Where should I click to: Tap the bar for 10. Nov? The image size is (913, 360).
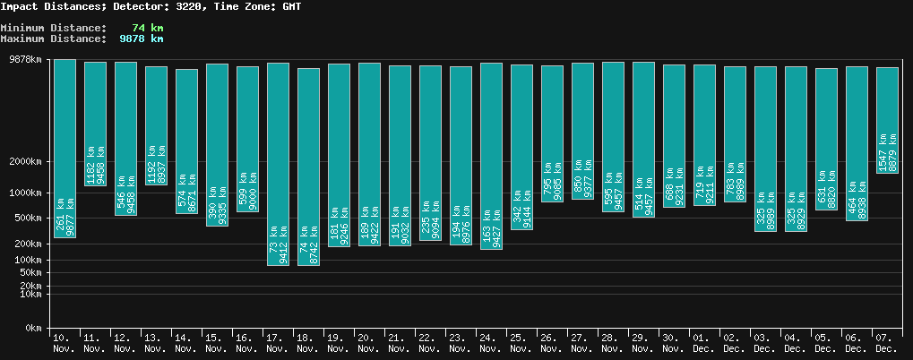tap(65, 149)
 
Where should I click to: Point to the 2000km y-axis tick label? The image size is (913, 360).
tap(26, 162)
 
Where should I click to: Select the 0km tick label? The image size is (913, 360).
tap(33, 329)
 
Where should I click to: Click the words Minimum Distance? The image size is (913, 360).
tap(53, 28)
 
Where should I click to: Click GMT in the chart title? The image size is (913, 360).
tap(290, 6)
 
